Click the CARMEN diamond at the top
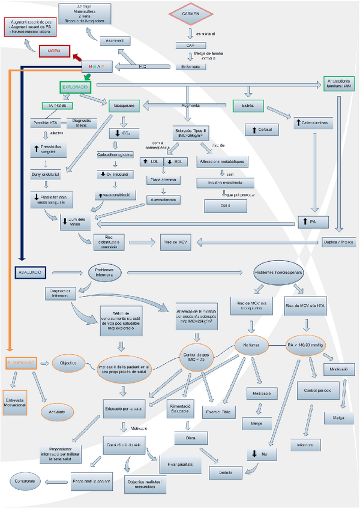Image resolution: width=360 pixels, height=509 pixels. [191, 13]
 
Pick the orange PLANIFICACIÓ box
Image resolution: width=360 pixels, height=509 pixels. [22, 363]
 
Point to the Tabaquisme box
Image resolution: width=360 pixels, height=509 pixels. [125, 106]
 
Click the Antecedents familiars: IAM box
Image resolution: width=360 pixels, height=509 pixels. [338, 84]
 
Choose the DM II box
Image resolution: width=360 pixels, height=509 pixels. [222, 205]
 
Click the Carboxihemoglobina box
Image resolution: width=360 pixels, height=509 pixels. [118, 154]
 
